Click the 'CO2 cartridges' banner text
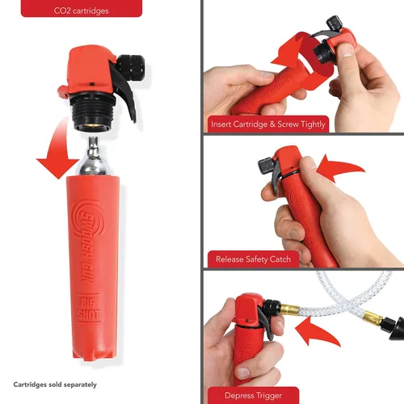(x=82, y=11)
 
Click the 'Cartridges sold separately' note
(x=55, y=385)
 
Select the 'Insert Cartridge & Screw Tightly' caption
(x=268, y=124)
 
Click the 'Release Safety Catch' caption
(x=253, y=259)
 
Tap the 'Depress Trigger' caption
(x=253, y=395)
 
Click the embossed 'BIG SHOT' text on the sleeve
(x=89, y=309)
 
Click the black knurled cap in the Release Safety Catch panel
(x=266, y=164)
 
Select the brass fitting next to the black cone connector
(x=372, y=318)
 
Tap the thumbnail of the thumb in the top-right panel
(x=347, y=51)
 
